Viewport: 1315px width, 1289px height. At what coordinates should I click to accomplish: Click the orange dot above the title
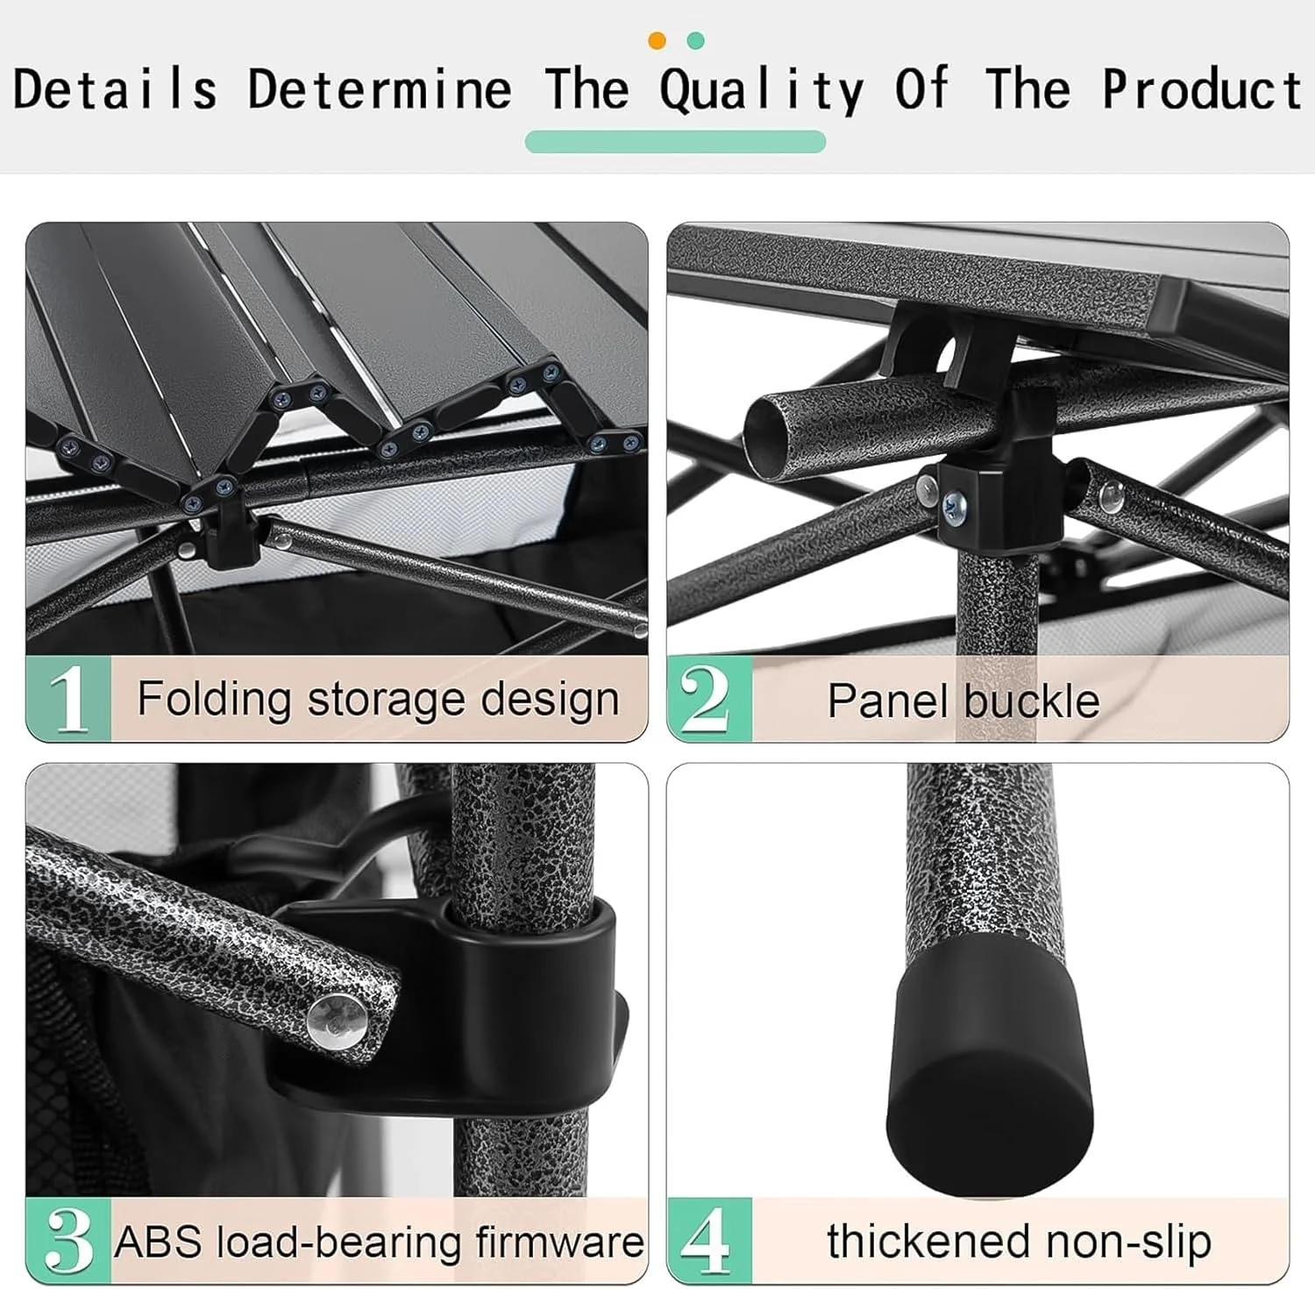(657, 40)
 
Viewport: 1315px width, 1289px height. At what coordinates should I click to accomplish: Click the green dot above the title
(696, 40)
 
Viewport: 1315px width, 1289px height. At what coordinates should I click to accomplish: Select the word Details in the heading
(115, 89)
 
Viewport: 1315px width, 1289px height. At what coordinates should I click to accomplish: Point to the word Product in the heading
(1202, 89)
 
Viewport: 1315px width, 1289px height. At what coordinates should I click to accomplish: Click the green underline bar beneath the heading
(675, 141)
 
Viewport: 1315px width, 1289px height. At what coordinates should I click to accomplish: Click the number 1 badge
(68, 699)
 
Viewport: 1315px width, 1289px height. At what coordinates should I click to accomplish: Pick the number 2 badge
(709, 699)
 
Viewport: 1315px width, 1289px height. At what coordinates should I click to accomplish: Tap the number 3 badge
(68, 1240)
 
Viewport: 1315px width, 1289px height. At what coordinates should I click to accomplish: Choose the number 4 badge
(709, 1240)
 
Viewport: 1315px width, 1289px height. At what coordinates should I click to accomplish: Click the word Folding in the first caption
(214, 701)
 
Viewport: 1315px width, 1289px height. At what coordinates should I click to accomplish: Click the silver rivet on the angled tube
(336, 1021)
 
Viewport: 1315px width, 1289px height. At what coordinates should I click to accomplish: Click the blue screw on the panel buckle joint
(955, 504)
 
